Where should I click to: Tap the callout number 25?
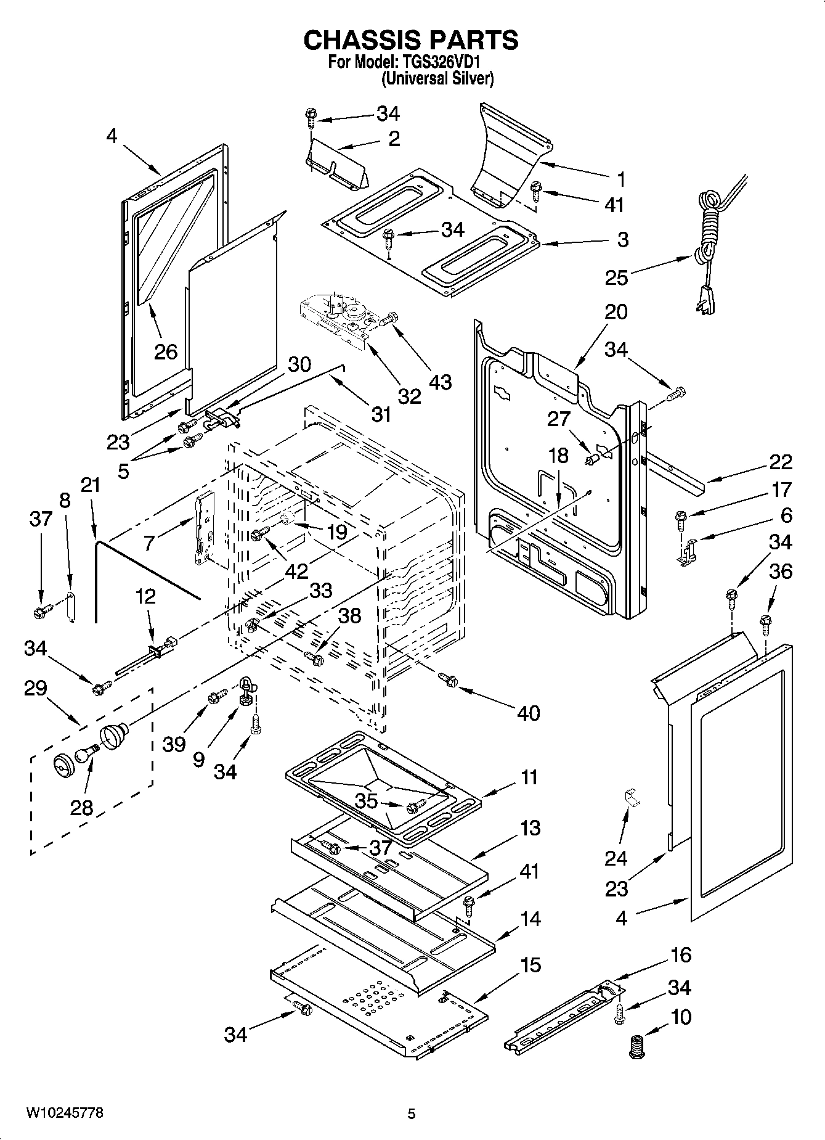616,277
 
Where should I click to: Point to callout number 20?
616,312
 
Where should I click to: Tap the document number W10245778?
64,1113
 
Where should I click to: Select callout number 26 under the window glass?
165,351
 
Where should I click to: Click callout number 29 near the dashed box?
35,687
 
